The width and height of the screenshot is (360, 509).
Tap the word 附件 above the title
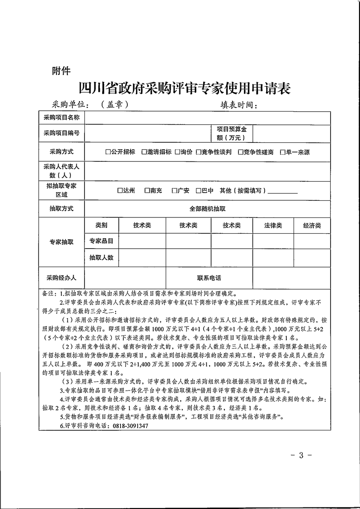[61, 71]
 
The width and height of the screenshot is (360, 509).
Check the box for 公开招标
[108, 152]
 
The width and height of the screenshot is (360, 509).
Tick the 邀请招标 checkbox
[144, 152]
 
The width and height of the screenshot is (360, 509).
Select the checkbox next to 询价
[177, 152]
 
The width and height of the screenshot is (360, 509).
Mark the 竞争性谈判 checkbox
[199, 152]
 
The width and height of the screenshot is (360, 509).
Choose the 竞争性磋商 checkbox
[240, 152]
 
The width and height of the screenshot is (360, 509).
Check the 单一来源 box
[282, 152]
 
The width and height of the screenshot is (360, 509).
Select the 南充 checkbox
[147, 191]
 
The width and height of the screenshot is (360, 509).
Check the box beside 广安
[174, 191]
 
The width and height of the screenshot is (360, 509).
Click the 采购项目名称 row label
[61, 118]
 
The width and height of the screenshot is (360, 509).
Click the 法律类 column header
[273, 226]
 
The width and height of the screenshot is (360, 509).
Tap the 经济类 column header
[312, 226]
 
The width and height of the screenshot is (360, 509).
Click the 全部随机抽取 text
[207, 209]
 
